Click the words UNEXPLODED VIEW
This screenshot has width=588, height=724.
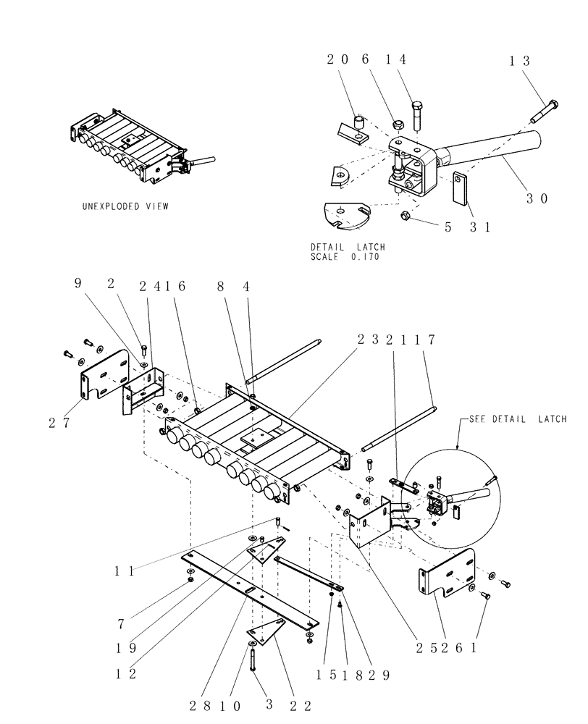coord(125,206)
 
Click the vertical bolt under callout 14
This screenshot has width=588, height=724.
coord(418,116)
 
